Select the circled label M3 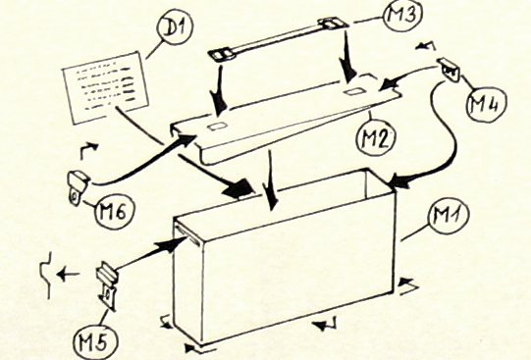coord(402,16)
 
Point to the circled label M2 coord(375,138)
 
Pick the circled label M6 coord(115,213)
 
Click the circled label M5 coord(96,341)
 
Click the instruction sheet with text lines coord(106,87)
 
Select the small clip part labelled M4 coord(450,70)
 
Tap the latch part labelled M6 coord(79,187)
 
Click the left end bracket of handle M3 coord(222,55)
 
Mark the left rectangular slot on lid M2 coord(216,127)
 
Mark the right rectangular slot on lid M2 coord(353,91)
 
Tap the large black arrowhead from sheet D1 coord(239,189)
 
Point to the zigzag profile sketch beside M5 coord(46,275)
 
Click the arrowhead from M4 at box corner coord(399,182)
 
